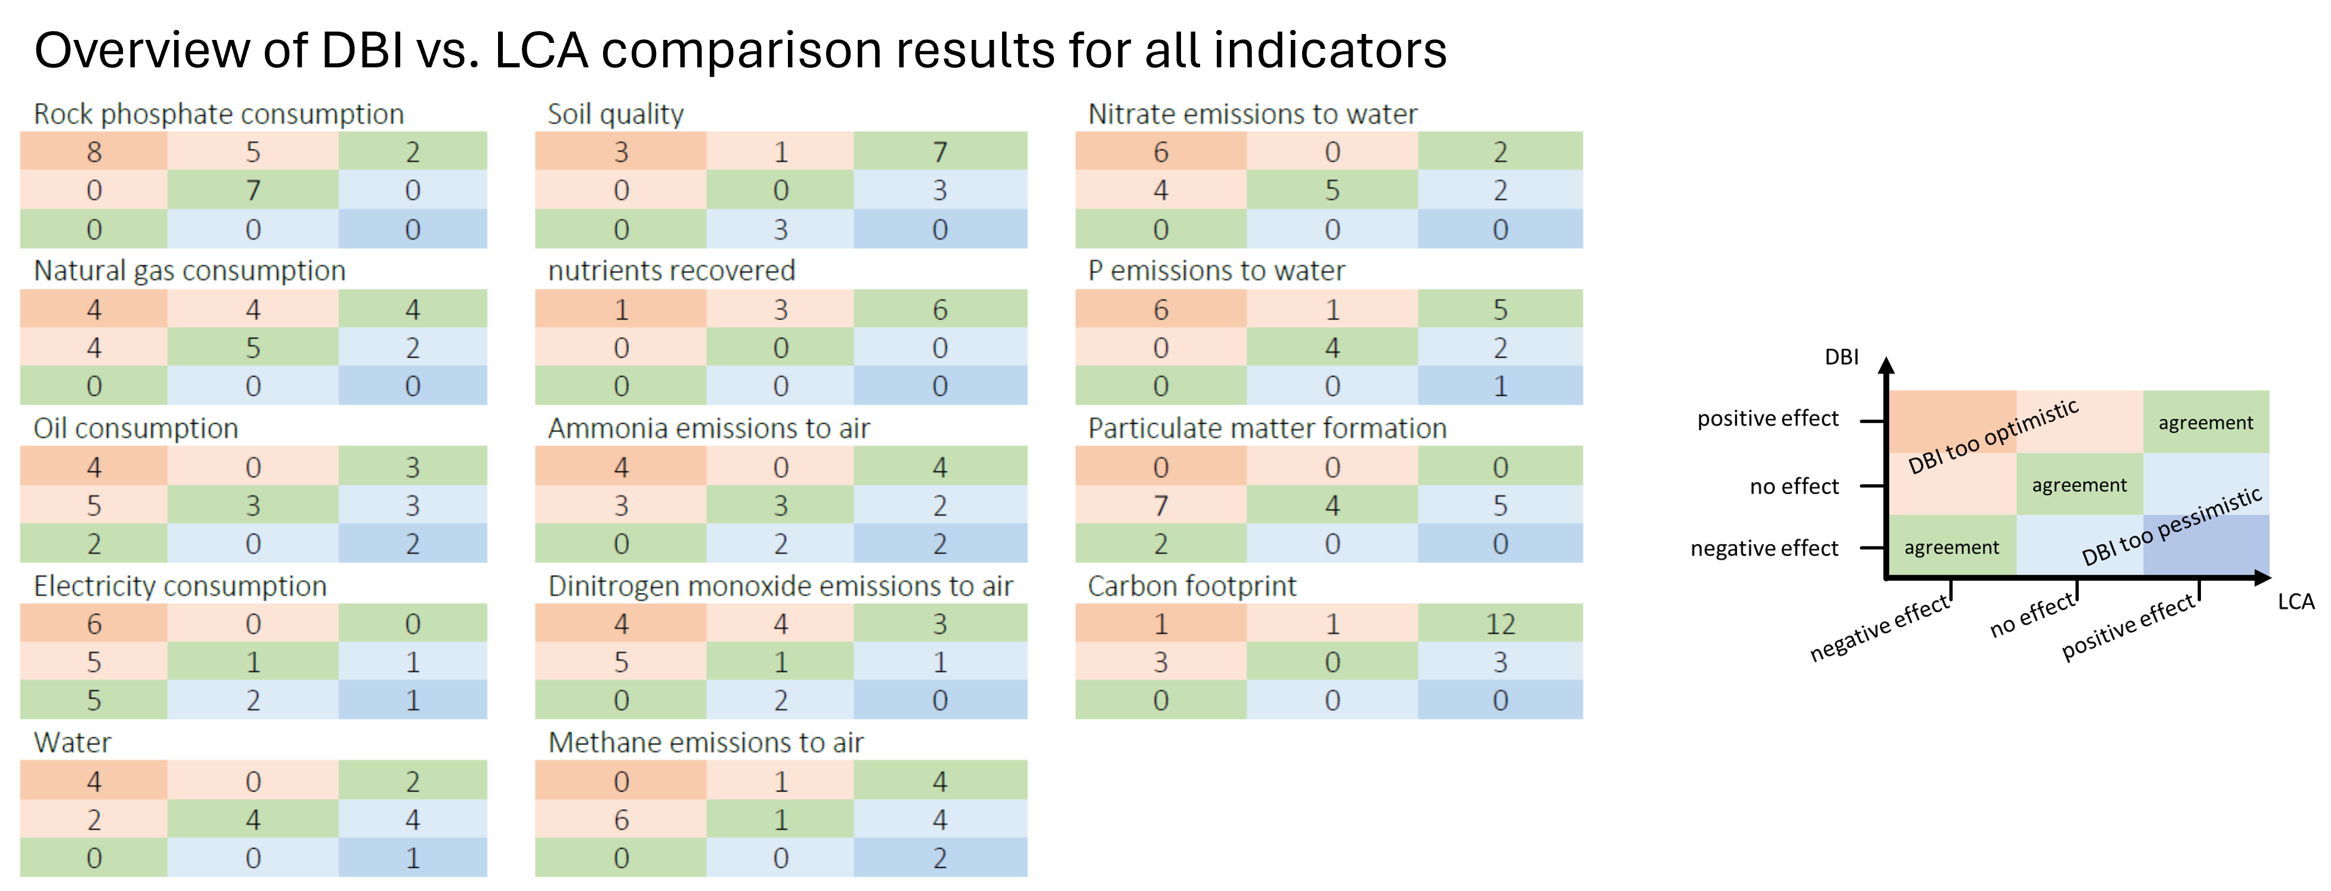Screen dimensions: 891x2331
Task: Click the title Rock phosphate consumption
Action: [218, 114]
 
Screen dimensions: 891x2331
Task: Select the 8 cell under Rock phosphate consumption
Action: [94, 152]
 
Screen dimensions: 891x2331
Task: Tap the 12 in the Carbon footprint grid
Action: [1500, 624]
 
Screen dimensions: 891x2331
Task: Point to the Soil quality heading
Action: [616, 114]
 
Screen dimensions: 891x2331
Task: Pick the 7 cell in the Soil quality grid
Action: [939, 152]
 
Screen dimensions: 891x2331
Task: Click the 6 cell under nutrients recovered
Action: [939, 309]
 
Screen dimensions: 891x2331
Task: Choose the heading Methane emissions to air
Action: [706, 743]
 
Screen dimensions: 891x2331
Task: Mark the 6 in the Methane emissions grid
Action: [621, 819]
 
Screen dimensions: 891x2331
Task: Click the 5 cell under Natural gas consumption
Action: [253, 348]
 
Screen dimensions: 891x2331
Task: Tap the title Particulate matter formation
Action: [1267, 428]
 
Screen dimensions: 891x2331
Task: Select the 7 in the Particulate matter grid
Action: [1160, 505]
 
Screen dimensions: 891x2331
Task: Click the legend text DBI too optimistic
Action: [1993, 437]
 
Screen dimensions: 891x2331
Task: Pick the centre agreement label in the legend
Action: [2079, 486]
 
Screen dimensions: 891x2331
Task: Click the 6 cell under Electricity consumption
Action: [94, 624]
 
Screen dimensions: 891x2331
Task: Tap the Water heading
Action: [72, 743]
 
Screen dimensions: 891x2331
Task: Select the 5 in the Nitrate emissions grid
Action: [1332, 191]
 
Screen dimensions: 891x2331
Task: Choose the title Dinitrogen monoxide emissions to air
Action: [780, 586]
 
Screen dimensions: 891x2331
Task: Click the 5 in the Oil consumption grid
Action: [94, 505]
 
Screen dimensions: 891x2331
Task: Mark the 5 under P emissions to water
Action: [1500, 309]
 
